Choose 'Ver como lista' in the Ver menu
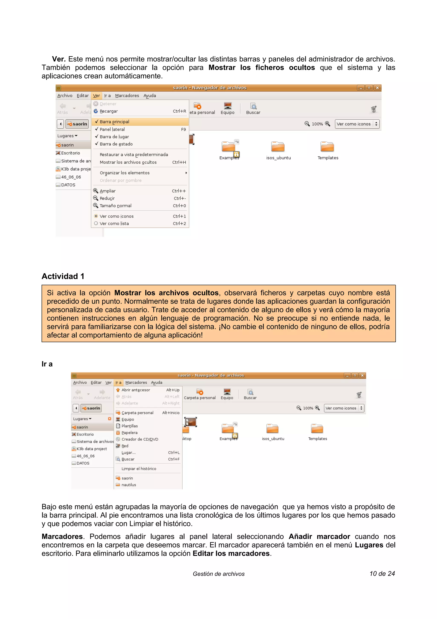pyautogui.click(x=114, y=223)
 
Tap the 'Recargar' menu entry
pyautogui.click(x=109, y=111)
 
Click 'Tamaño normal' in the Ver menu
pyautogui.click(x=115, y=206)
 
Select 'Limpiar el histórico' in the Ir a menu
pyautogui.click(x=139, y=469)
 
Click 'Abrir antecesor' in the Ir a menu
pyautogui.click(x=135, y=390)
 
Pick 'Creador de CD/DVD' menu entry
pyautogui.click(x=140, y=439)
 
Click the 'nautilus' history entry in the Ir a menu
pyautogui.click(x=129, y=485)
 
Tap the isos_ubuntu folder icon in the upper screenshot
pyautogui.click(x=278, y=147)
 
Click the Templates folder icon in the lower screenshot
pyautogui.click(x=317, y=428)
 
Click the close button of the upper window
pyautogui.click(x=377, y=88)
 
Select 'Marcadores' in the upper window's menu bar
pyautogui.click(x=127, y=96)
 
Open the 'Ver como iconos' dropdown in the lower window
pyautogui.click(x=344, y=408)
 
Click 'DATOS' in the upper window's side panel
pyautogui.click(x=68, y=185)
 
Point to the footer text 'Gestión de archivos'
pyautogui.click(x=219, y=574)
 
